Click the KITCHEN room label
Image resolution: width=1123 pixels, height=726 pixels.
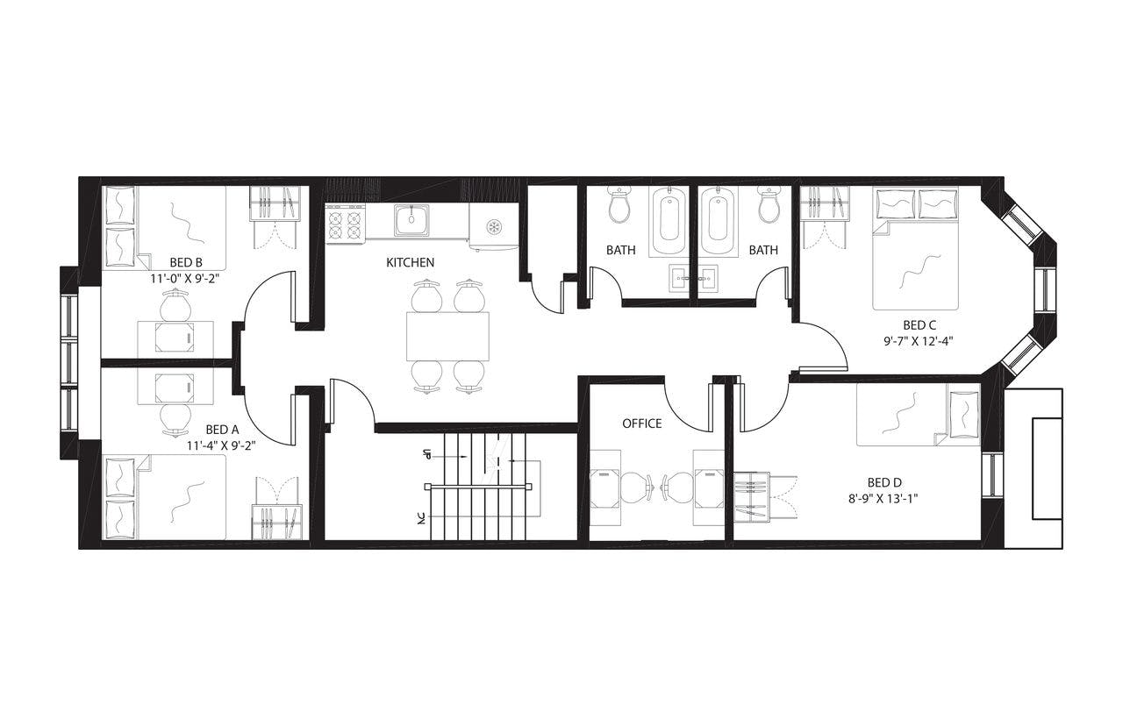click(410, 262)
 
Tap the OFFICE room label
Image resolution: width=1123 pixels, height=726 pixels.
click(641, 423)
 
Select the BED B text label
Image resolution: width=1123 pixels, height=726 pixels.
click(186, 262)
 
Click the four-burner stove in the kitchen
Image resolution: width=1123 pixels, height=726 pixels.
click(345, 224)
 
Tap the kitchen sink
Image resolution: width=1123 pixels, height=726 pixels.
click(411, 220)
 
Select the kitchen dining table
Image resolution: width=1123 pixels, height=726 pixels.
click(447, 335)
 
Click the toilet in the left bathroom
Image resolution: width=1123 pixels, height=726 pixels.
click(620, 206)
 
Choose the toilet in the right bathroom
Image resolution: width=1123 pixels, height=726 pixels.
click(769, 206)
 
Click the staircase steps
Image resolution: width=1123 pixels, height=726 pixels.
click(474, 487)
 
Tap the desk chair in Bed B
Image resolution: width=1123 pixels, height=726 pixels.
click(175, 307)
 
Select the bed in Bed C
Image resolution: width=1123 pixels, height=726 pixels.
click(915, 263)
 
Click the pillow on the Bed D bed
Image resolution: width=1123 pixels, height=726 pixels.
click(963, 413)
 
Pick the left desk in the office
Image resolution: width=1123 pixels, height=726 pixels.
click(604, 487)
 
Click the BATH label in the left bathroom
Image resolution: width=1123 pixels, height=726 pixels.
click(620, 250)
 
